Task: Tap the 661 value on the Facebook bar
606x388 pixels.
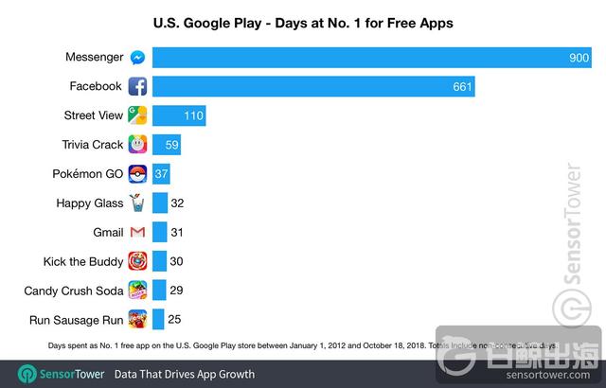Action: point(459,87)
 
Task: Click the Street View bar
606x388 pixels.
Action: point(179,115)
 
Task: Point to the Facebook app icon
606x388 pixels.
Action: point(137,87)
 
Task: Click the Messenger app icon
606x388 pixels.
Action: point(137,58)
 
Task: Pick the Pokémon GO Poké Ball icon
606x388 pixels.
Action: point(137,174)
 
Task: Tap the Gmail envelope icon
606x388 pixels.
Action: point(137,232)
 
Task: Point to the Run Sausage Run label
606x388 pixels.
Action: point(75,319)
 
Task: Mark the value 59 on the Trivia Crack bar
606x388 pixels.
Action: point(171,145)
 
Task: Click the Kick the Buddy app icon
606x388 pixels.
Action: point(137,261)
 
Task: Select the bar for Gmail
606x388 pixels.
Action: point(160,232)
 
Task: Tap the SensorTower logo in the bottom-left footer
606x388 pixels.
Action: point(55,374)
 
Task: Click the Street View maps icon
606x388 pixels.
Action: point(137,115)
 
